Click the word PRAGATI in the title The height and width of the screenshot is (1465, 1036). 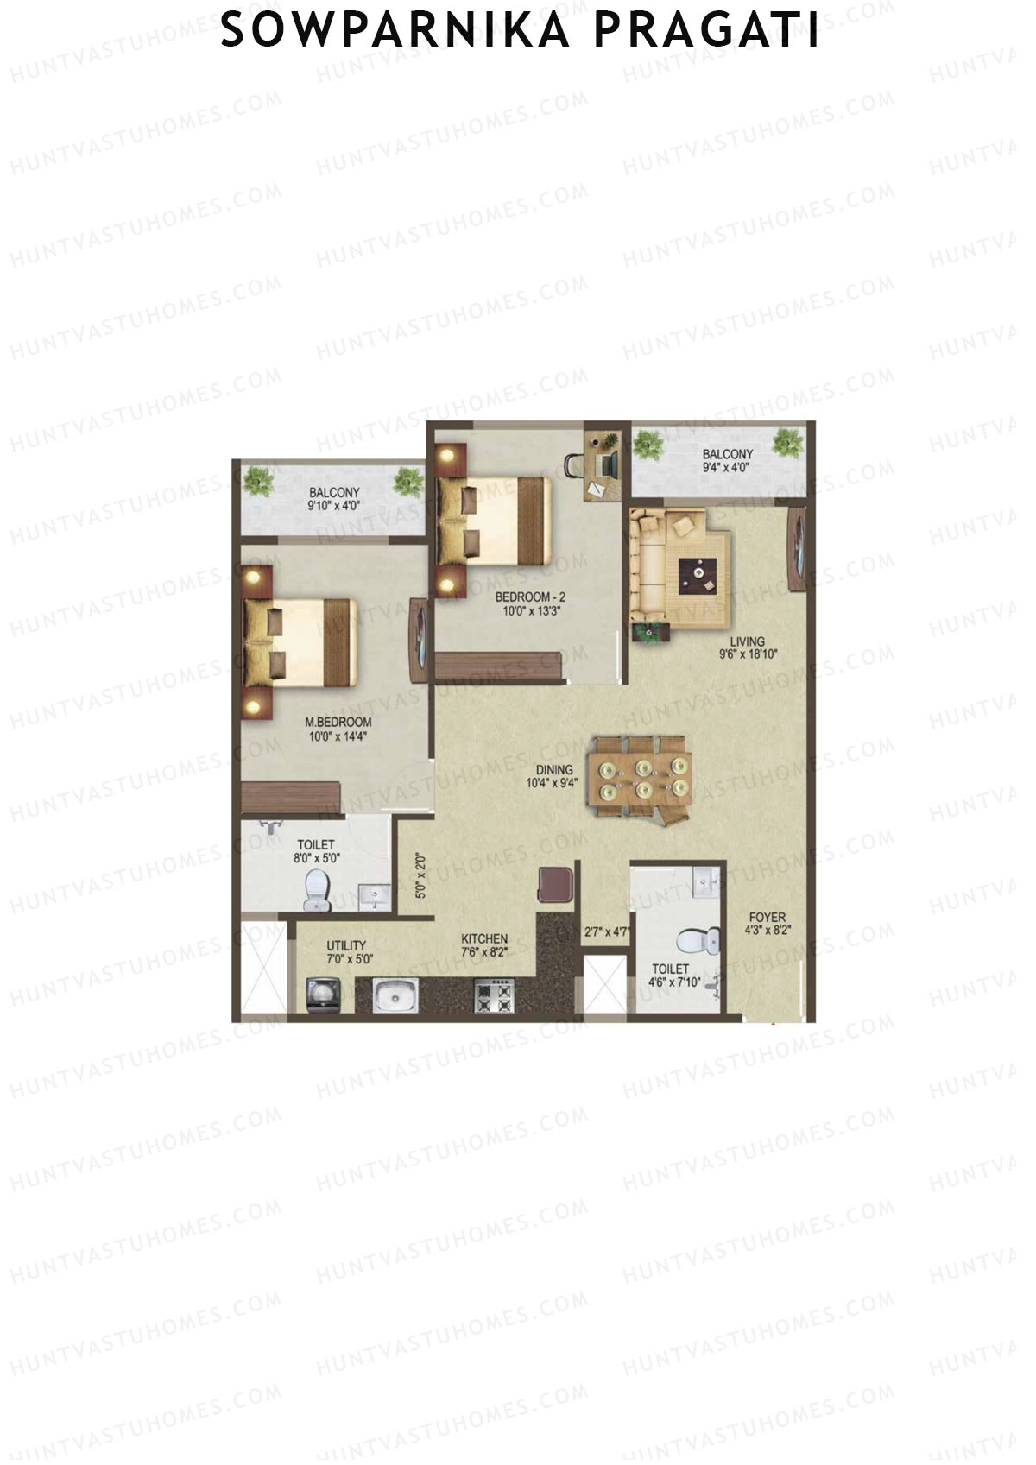(707, 31)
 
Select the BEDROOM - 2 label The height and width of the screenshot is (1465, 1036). (530, 597)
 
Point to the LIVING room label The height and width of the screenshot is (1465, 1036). (747, 641)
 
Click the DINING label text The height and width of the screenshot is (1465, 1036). (553, 770)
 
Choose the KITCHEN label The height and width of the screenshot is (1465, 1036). (484, 938)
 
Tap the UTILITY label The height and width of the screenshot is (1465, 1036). (346, 945)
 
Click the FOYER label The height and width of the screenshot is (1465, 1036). (767, 918)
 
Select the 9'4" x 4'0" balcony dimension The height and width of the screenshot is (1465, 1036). (727, 468)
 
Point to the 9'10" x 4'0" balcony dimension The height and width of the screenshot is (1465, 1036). (333, 507)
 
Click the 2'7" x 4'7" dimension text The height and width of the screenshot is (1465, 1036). (606, 932)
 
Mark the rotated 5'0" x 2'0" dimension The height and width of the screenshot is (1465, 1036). (420, 877)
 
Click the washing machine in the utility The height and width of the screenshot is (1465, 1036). (321, 995)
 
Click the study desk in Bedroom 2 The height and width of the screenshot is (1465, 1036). (603, 464)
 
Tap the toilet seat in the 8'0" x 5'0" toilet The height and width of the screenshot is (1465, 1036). (317, 890)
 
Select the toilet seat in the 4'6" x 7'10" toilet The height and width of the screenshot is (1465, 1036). (698, 941)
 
